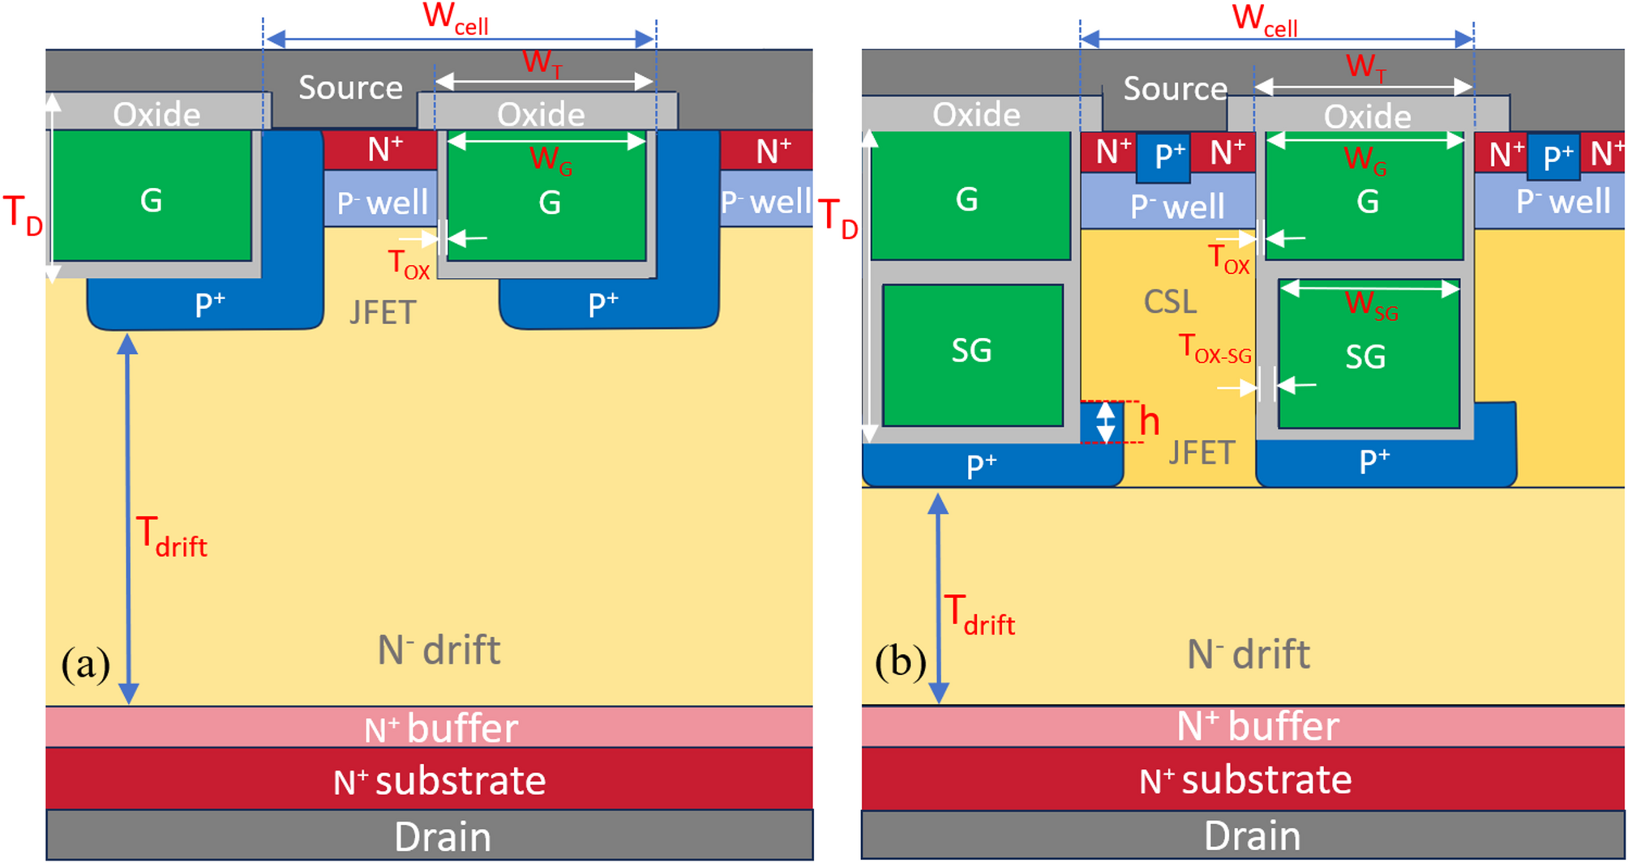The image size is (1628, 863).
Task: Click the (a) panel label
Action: (x=85, y=664)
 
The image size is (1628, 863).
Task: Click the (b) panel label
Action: (x=900, y=662)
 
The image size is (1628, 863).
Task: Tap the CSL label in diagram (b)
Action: (x=1170, y=301)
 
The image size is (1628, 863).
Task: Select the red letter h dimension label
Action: (x=1149, y=422)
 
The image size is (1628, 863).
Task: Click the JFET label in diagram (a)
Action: (x=383, y=312)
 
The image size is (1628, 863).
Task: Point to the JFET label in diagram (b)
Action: (x=1202, y=452)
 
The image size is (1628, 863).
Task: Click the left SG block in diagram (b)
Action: (x=972, y=354)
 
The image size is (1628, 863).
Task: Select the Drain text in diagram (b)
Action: (x=1252, y=835)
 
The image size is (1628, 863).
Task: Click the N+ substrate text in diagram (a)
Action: (x=439, y=780)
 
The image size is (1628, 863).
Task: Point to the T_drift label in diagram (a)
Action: (x=171, y=537)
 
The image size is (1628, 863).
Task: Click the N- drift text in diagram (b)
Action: (x=1248, y=654)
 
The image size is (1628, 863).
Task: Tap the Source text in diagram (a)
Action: (x=350, y=88)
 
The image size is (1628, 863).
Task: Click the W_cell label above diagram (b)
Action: (x=1264, y=19)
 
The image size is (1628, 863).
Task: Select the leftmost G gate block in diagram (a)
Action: (x=151, y=199)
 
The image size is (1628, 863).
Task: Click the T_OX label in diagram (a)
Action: (x=408, y=264)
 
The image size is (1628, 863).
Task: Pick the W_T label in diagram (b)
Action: (x=1365, y=66)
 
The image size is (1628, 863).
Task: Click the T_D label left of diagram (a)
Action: (x=23, y=216)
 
